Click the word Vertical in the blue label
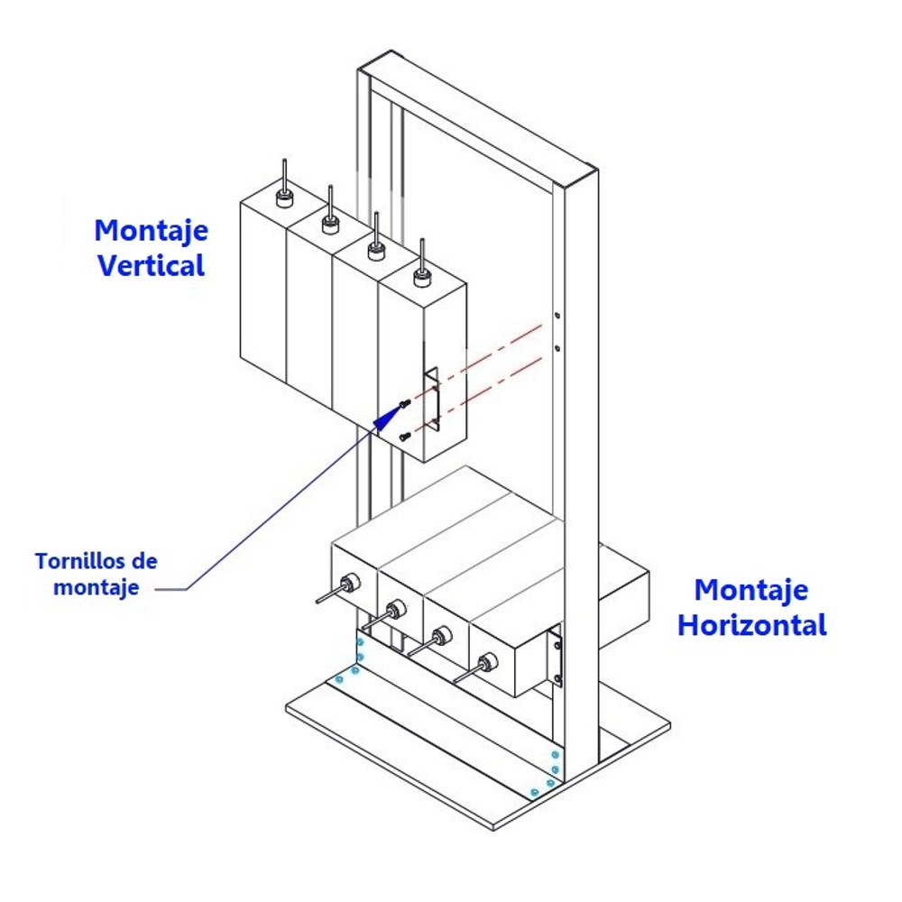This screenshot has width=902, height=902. pyautogui.click(x=152, y=266)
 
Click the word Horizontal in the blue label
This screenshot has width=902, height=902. pyautogui.click(x=752, y=625)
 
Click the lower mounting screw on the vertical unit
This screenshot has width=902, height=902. pyautogui.click(x=404, y=437)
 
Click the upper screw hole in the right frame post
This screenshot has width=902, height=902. pyautogui.click(x=557, y=315)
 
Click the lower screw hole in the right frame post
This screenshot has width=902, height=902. pyautogui.click(x=557, y=348)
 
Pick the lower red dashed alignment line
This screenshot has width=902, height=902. pyautogui.click(x=478, y=394)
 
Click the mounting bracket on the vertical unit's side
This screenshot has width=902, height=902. pyautogui.click(x=431, y=398)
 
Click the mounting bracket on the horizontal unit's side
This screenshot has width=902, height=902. pyautogui.click(x=555, y=655)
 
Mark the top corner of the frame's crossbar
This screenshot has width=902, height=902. pyautogui.click(x=391, y=51)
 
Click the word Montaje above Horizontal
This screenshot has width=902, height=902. pyautogui.click(x=750, y=591)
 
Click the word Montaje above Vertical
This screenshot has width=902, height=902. pyautogui.click(x=152, y=231)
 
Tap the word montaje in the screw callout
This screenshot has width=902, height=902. pyautogui.click(x=97, y=588)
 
